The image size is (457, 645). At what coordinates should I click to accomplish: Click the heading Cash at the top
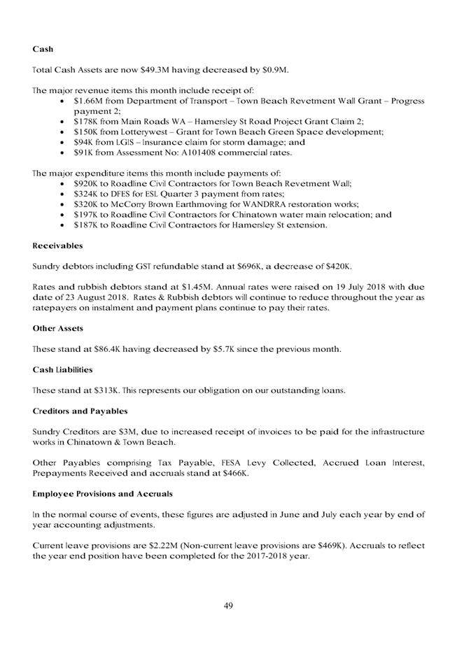(43, 50)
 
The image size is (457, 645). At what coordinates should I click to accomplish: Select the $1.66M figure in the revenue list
(87, 101)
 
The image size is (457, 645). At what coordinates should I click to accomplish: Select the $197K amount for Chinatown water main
(85, 215)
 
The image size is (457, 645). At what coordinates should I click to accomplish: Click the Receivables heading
(58, 246)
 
